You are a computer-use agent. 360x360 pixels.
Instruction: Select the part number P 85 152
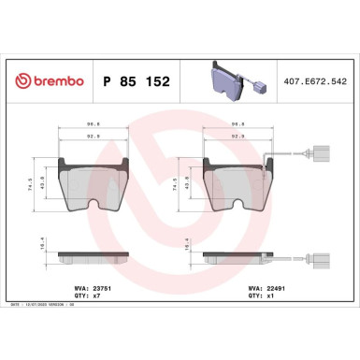click(x=132, y=81)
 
